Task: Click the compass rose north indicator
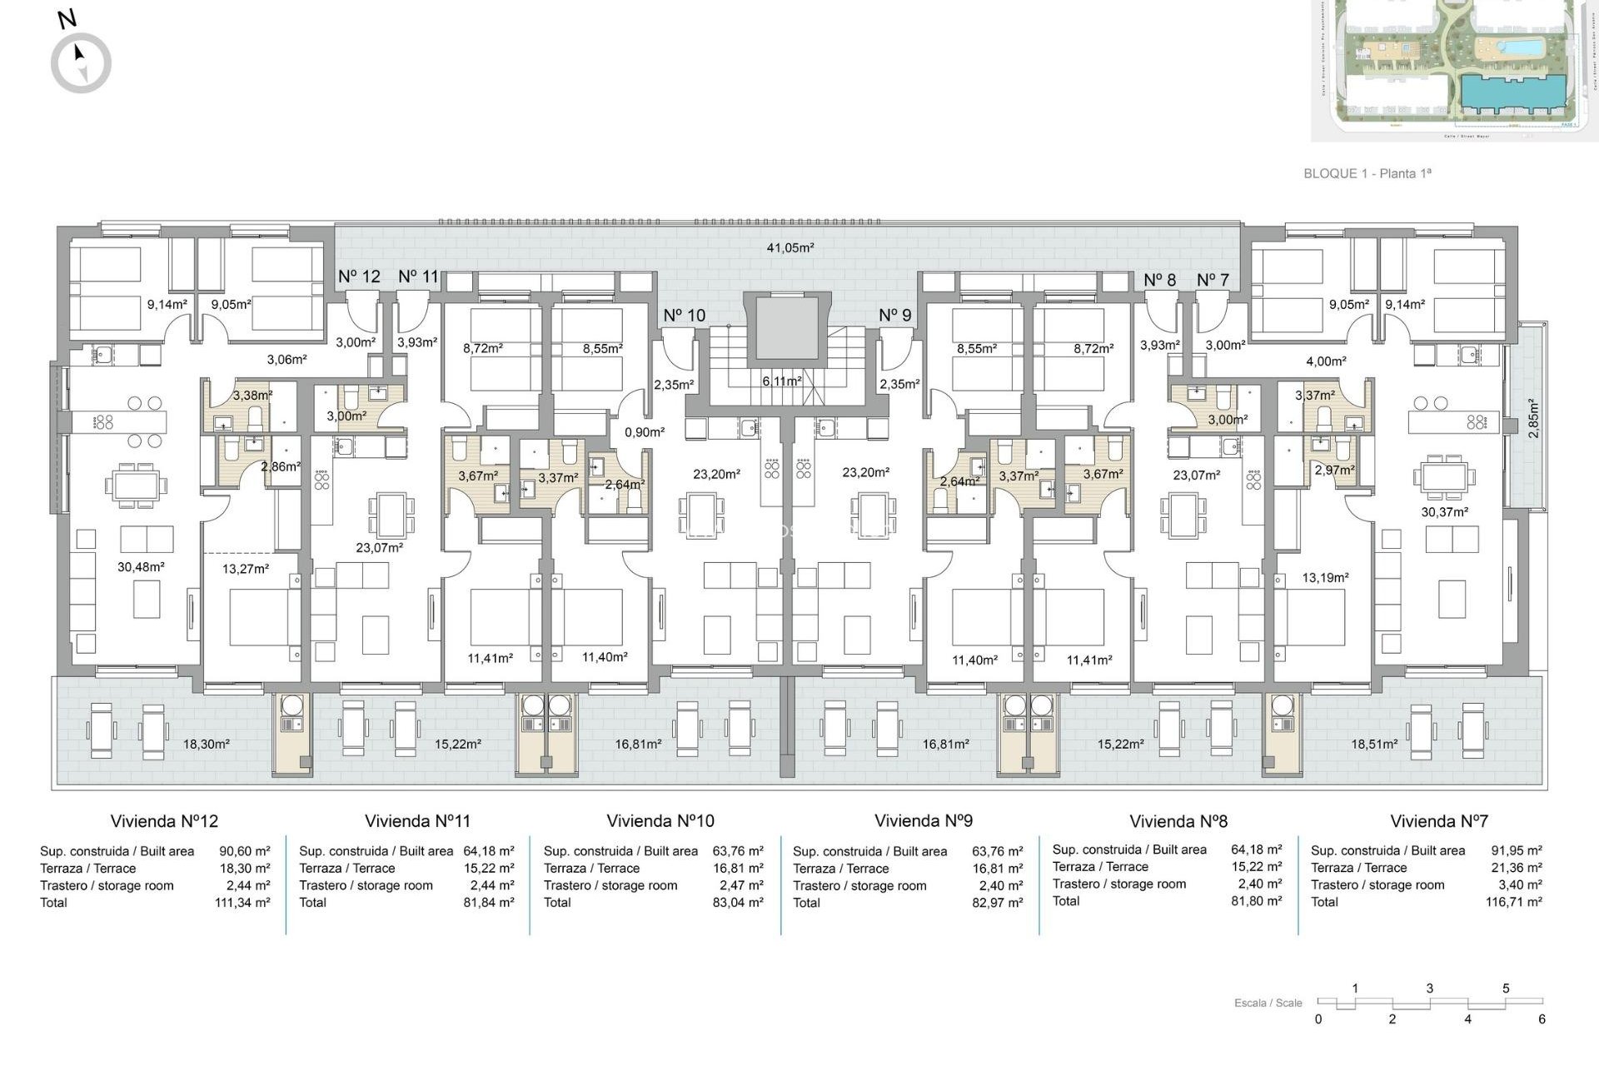(x=81, y=62)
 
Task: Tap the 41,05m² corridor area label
(x=790, y=247)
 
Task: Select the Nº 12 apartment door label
(x=359, y=276)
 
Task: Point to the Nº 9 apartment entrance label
(x=895, y=315)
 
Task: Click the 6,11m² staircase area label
(x=782, y=381)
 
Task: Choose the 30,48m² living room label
(x=141, y=567)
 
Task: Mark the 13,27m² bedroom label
(x=246, y=569)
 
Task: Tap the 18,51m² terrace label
(x=1374, y=744)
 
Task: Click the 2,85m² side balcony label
(x=1534, y=418)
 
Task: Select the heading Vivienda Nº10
(x=660, y=821)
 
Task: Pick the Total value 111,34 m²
(x=242, y=903)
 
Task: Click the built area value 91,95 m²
(x=1517, y=850)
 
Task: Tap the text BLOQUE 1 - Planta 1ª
(x=1367, y=173)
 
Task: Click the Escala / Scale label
(x=1268, y=1003)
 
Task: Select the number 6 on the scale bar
(x=1542, y=1019)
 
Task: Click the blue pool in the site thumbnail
(x=1509, y=45)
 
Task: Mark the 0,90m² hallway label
(x=645, y=432)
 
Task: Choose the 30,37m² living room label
(x=1444, y=512)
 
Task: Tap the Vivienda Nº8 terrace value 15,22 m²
(x=1257, y=866)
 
